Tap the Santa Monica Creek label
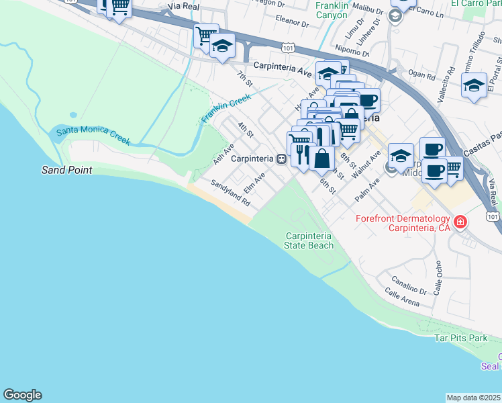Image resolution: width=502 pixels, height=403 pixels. click(93, 134)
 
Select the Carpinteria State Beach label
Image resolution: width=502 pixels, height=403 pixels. click(309, 240)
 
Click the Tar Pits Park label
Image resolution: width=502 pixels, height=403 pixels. click(460, 339)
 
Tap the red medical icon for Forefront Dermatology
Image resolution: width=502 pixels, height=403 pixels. click(460, 221)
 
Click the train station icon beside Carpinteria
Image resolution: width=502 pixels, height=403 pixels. click(283, 159)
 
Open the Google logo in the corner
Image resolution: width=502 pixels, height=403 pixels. click(22, 395)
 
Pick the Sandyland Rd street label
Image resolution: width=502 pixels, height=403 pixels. click(230, 193)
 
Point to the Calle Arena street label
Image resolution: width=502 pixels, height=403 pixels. click(402, 298)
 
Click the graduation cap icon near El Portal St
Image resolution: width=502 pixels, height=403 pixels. click(474, 85)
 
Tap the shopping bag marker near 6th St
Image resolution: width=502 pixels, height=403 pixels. click(322, 159)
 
